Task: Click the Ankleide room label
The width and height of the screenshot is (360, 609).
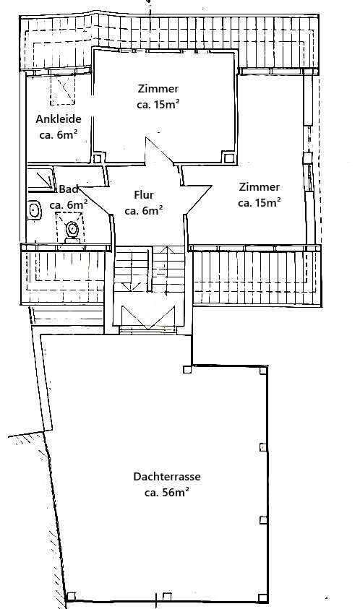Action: pyautogui.click(x=59, y=119)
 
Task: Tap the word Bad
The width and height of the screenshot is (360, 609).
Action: pyautogui.click(x=69, y=189)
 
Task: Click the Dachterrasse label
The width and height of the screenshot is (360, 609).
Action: pyautogui.click(x=166, y=477)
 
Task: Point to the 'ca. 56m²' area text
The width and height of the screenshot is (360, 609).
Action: pyautogui.click(x=166, y=493)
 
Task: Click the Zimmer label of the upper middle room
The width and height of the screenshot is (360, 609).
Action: pyautogui.click(x=158, y=89)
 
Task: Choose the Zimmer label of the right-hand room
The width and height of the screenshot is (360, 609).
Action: pyautogui.click(x=259, y=186)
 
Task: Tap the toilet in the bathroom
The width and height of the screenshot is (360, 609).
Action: pyautogui.click(x=72, y=230)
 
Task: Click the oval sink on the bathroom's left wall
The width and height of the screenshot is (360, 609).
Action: pyautogui.click(x=33, y=210)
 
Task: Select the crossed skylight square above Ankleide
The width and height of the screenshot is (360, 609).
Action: pyautogui.click(x=62, y=91)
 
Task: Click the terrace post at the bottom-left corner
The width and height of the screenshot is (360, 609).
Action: pyautogui.click(x=70, y=597)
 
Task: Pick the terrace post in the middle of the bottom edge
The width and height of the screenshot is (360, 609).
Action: pyautogui.click(x=167, y=596)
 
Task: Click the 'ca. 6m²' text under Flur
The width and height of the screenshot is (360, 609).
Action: pyautogui.click(x=143, y=211)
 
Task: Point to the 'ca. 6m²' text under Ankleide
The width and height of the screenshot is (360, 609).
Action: pyautogui.click(x=59, y=134)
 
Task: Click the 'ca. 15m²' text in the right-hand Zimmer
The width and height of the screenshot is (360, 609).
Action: pyautogui.click(x=259, y=203)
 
